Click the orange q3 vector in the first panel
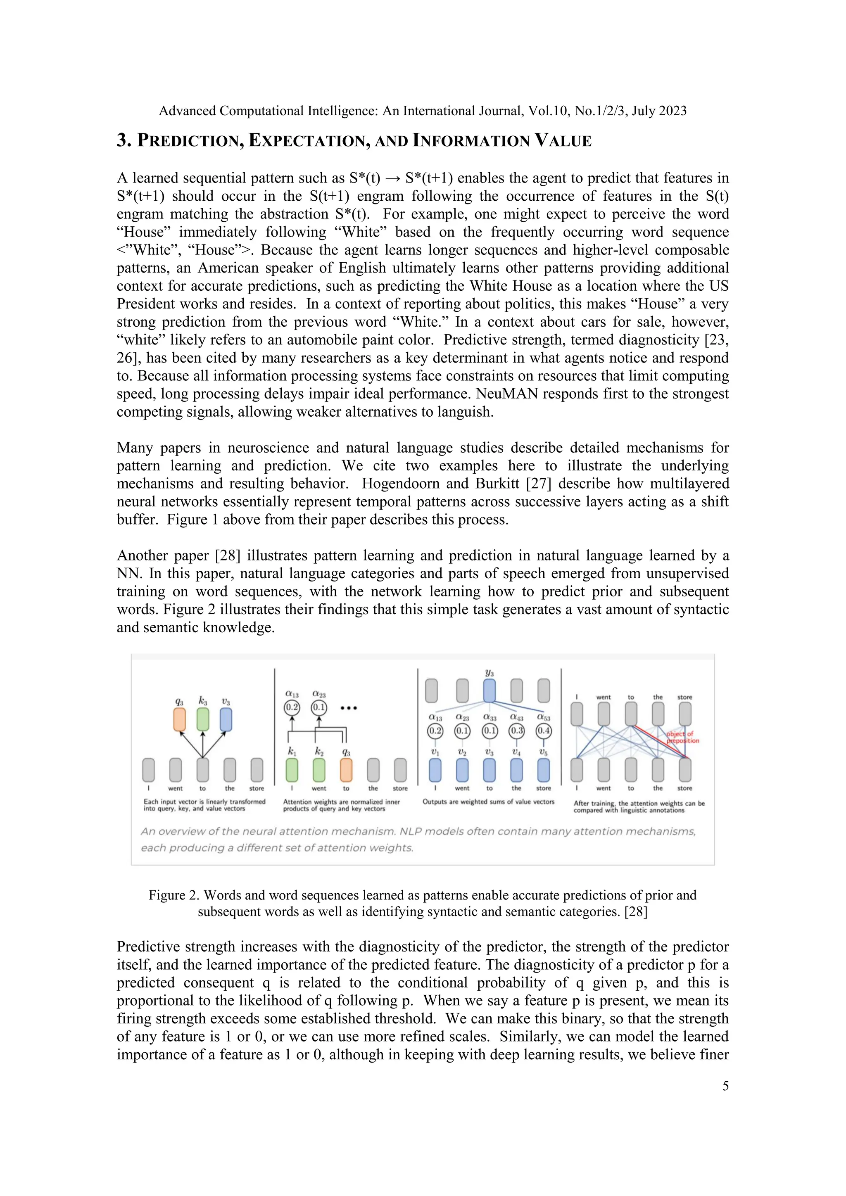pos(179,719)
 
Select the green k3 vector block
pos(203,719)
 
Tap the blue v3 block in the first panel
pos(226,719)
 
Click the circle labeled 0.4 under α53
pos(543,730)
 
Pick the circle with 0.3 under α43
pos(516,730)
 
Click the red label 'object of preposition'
pos(682,737)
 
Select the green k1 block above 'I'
pos(292,770)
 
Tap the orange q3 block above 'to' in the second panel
pos(346,770)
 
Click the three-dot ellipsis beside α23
pos(349,708)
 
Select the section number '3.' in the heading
pos(124,141)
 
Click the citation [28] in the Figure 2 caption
pos(636,911)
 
